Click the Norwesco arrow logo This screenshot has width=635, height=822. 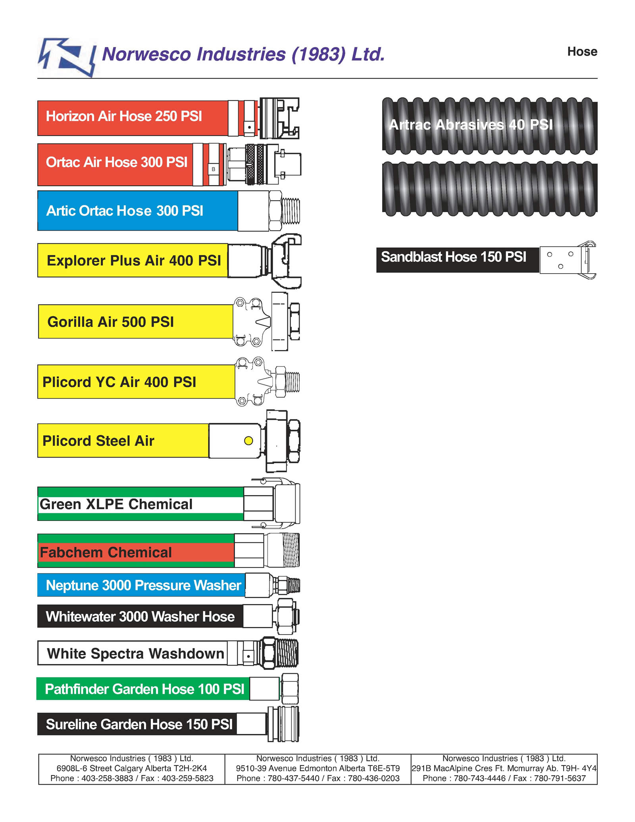(x=67, y=57)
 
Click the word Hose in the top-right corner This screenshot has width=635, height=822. (x=582, y=52)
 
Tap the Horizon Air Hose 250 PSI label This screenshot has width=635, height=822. (x=124, y=116)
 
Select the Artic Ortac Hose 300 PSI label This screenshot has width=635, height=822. (x=125, y=211)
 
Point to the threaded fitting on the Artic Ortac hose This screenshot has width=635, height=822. (x=284, y=210)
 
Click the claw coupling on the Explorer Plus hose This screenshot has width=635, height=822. (x=286, y=261)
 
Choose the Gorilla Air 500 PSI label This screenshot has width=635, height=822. (x=111, y=322)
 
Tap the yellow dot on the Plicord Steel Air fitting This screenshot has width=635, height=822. (x=248, y=441)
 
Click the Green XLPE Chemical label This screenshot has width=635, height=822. (x=116, y=504)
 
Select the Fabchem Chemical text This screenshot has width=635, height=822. (x=106, y=552)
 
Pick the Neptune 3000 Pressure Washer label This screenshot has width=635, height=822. (x=143, y=585)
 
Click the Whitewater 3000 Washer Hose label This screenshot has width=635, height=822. (x=140, y=617)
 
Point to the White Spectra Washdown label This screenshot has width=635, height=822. (x=136, y=653)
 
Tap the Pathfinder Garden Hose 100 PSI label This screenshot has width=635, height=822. (x=144, y=689)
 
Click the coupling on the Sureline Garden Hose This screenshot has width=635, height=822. (x=283, y=724)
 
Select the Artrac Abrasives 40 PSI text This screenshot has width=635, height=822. (x=471, y=125)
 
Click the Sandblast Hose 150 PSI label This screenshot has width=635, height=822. (x=454, y=257)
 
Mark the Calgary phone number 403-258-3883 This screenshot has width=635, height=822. (x=107, y=778)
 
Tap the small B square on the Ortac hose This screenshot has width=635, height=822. (x=214, y=169)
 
